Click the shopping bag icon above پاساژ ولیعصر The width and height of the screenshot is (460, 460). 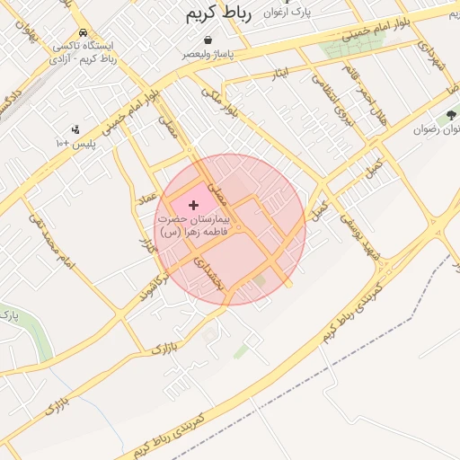[x=208, y=40]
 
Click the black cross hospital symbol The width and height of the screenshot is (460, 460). [x=193, y=206]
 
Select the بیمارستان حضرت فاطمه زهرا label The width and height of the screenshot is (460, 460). [x=193, y=226]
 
